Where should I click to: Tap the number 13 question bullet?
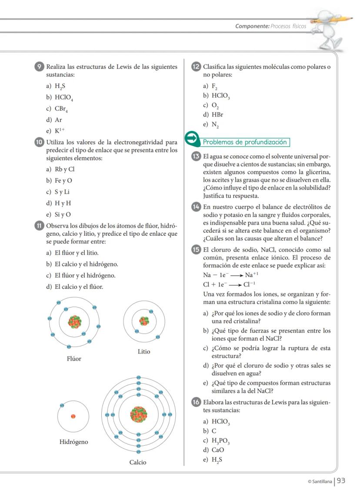(196, 157)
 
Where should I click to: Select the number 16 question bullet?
(196, 402)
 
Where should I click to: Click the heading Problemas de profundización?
(246, 142)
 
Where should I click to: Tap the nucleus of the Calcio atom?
(139, 414)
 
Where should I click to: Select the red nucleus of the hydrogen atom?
(73, 416)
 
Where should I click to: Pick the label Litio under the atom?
(144, 351)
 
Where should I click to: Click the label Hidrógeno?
(73, 442)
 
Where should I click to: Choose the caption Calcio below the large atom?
(138, 462)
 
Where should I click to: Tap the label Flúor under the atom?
(74, 359)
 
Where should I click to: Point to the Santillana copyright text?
(319, 482)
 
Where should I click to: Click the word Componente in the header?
(252, 26)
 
